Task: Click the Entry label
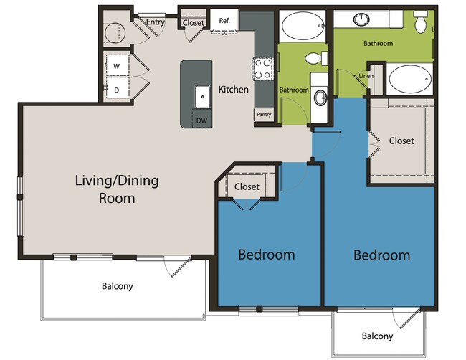pos(156,22)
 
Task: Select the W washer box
pos(116,66)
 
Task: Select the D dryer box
pos(116,89)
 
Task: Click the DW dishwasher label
pos(203,120)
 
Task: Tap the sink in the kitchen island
pos(202,92)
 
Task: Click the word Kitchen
pos(234,90)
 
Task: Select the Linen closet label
pos(366,75)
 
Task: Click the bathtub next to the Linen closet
pos(409,79)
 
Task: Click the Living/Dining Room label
pos(117,189)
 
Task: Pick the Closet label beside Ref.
pos(193,22)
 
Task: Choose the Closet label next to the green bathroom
pos(401,141)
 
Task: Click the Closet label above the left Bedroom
pos(247,186)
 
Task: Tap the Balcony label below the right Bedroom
pos(376,336)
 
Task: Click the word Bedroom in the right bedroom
pos(381,255)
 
